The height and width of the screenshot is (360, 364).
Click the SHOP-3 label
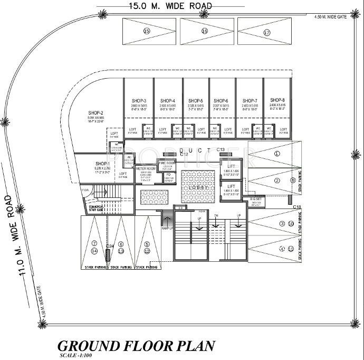click(138, 100)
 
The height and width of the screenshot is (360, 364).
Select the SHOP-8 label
click(277, 100)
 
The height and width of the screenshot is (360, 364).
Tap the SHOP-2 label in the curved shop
click(95, 113)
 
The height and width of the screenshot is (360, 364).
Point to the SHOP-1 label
click(102, 164)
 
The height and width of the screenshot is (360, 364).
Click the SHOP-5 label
click(195, 100)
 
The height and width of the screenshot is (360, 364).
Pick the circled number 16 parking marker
click(204, 32)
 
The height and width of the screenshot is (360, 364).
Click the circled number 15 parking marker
click(147, 32)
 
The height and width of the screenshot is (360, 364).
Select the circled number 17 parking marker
click(266, 32)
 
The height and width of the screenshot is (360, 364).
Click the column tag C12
click(184, 155)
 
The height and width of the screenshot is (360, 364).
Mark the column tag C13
click(221, 150)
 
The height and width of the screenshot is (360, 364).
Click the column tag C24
click(110, 247)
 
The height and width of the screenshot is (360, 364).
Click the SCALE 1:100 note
click(74, 356)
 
